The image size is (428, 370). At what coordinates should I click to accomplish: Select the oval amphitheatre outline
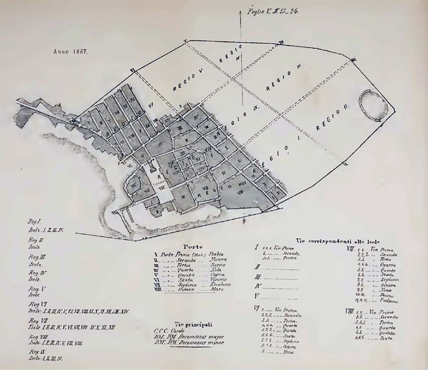[373, 105]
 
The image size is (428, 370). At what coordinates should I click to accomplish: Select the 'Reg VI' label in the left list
[35, 304]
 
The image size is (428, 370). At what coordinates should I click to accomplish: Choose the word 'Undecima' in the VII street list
[389, 301]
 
